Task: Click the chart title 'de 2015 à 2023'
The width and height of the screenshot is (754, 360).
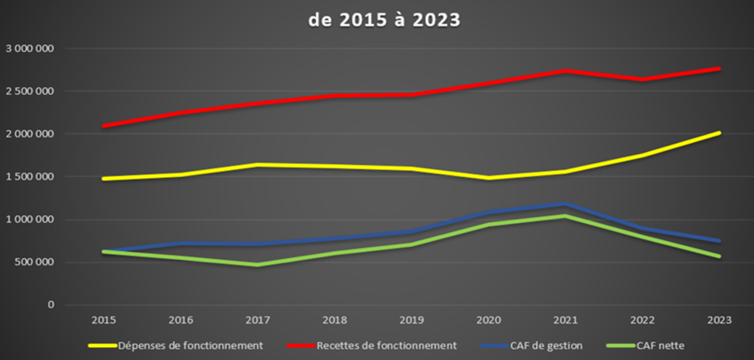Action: [384, 20]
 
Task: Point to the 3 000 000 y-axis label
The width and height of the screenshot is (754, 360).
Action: [30, 48]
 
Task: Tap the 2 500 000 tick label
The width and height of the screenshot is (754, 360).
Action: [30, 91]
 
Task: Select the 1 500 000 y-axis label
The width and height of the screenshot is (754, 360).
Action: [30, 177]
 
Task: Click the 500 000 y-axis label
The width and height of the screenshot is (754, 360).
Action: [34, 262]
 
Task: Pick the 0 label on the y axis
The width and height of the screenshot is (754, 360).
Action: [51, 305]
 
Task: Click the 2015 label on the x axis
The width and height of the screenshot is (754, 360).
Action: [104, 320]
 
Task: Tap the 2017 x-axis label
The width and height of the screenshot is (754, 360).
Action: [258, 320]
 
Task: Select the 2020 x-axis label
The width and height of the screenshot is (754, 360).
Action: [488, 320]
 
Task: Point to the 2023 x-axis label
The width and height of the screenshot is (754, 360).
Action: [719, 320]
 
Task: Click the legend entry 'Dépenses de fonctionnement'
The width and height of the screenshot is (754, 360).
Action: [190, 346]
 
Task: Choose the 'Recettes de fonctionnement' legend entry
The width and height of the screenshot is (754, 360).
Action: [386, 346]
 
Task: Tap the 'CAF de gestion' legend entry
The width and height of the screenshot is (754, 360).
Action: [546, 346]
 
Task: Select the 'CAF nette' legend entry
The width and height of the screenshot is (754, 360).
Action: [660, 346]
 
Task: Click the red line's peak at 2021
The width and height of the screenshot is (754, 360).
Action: [565, 71]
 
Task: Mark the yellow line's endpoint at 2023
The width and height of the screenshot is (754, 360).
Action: [719, 133]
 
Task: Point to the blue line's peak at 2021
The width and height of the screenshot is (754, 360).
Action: [565, 204]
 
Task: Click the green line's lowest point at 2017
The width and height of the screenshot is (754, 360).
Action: [258, 265]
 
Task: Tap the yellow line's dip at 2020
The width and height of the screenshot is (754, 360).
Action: [488, 178]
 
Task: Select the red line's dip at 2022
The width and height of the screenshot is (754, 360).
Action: [642, 79]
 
